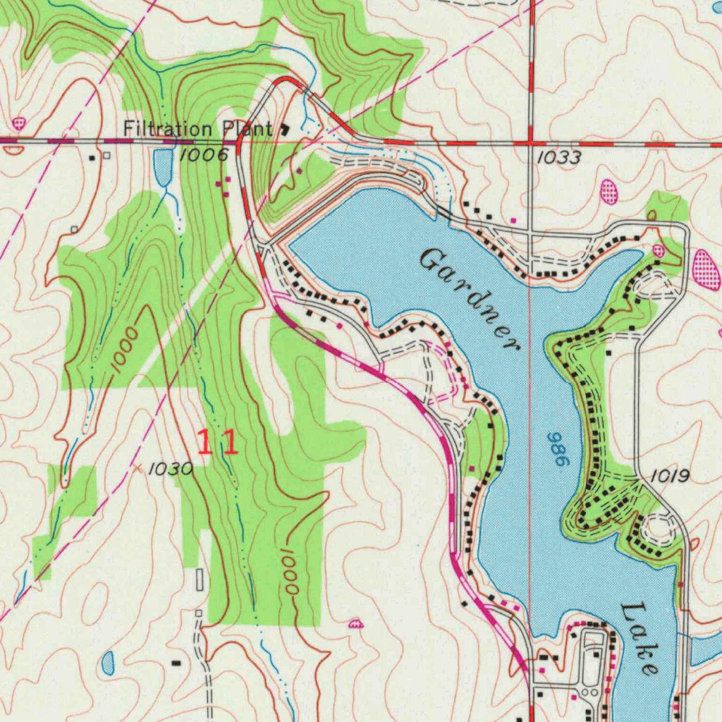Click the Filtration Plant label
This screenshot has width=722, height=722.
click(197, 129)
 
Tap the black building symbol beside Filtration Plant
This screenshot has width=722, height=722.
click(285, 129)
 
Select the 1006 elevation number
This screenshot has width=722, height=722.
click(203, 155)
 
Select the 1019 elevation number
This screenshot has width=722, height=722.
click(668, 477)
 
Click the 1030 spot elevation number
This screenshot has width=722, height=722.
click(171, 468)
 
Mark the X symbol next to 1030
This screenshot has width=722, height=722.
click(138, 467)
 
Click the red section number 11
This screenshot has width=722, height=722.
click(217, 443)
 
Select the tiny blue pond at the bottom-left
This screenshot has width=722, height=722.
click(108, 661)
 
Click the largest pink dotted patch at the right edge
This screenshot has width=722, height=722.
click(706, 269)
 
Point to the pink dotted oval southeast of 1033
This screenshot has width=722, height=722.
click(608, 192)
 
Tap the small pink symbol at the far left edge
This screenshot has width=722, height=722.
click(18, 123)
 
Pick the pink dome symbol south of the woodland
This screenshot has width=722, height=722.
click(356, 623)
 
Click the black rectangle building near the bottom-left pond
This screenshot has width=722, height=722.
click(176, 663)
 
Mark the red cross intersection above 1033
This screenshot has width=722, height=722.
click(530, 143)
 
